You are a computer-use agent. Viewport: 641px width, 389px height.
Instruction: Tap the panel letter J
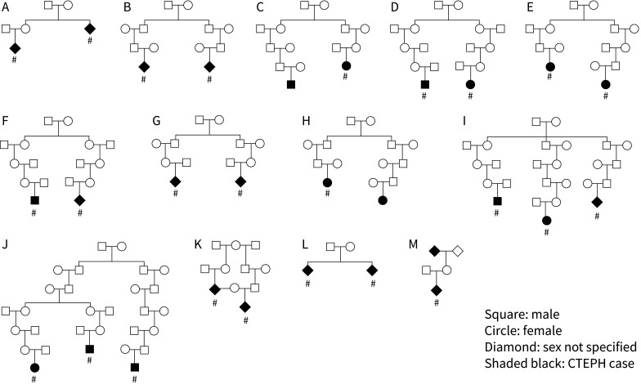pyautogui.click(x=5, y=243)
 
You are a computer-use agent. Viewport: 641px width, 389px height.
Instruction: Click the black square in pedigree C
pyautogui.click(x=290, y=84)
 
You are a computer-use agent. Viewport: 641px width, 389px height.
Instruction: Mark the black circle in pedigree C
pyautogui.click(x=347, y=65)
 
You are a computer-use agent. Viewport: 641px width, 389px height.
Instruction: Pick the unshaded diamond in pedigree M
pyautogui.click(x=459, y=251)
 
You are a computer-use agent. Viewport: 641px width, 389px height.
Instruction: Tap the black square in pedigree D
pyautogui.click(x=425, y=84)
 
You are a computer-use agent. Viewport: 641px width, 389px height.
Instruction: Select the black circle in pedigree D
pyautogui.click(x=470, y=84)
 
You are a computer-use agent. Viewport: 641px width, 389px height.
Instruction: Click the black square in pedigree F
pyautogui.click(x=34, y=200)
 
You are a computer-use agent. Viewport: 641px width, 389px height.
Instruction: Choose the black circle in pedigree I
pyautogui.click(x=546, y=220)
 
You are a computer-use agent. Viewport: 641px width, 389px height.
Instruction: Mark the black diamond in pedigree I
pyautogui.click(x=597, y=201)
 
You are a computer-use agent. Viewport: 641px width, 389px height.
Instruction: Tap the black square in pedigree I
pyautogui.click(x=496, y=201)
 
